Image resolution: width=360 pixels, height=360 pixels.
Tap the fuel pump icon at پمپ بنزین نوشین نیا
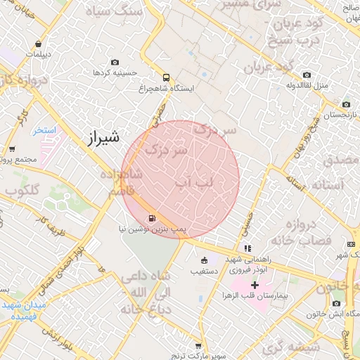pos(153,218)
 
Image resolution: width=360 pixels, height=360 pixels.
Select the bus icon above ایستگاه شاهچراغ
pos(166,78)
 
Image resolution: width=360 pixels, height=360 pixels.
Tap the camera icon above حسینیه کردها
pos(115,62)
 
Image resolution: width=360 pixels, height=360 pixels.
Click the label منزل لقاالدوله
pos(306,86)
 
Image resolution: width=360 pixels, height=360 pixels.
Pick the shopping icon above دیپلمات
pos(37,44)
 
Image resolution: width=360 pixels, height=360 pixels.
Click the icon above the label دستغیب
pos(205,260)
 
